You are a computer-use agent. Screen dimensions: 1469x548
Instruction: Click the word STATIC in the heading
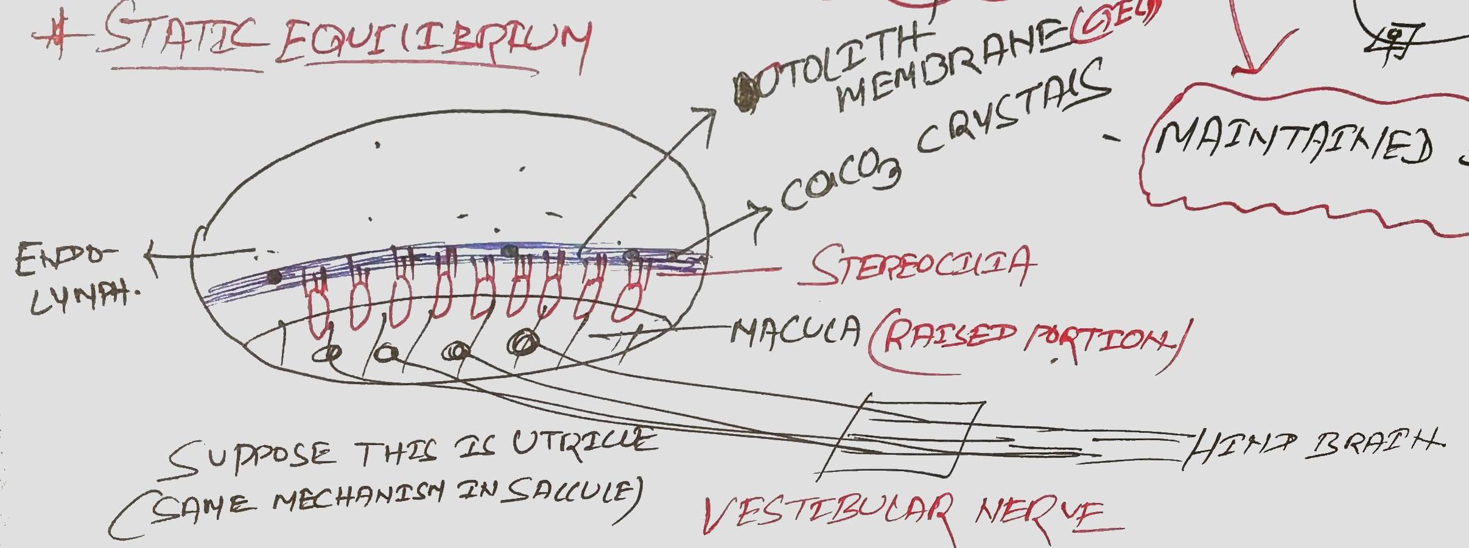(183, 37)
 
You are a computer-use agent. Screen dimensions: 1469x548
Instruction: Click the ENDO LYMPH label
(73, 277)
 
